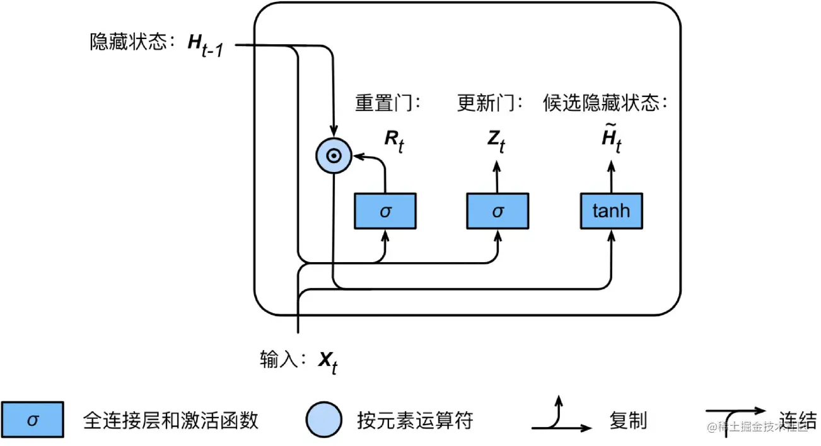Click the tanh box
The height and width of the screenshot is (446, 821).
point(611,211)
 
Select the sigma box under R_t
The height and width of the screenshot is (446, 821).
point(385,211)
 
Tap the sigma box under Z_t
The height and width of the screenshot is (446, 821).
point(498,211)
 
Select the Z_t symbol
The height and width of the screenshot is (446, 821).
point(496,142)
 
